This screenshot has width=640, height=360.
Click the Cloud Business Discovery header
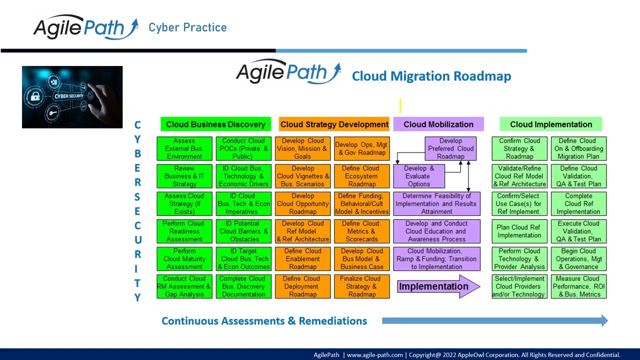point(215,124)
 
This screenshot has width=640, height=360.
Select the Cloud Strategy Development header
point(334,124)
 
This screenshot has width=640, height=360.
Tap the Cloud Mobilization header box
point(438,124)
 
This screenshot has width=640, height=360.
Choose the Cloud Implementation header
point(550,124)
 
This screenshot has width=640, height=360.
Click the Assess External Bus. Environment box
point(184,148)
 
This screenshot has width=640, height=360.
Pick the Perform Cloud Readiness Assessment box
point(184,231)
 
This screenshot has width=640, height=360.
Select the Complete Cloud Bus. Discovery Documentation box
point(243,286)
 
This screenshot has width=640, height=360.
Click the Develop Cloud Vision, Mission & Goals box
point(302,148)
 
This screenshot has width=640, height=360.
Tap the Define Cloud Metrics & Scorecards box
point(361,231)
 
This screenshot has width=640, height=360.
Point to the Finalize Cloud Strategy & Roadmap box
point(361,286)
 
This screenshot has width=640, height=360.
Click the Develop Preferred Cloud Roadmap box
point(450,148)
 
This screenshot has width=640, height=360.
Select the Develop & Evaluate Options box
point(418,176)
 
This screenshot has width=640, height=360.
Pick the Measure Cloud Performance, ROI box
point(578,286)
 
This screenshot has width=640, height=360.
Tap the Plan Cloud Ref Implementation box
point(519,231)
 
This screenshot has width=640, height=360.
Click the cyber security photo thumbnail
point(72,97)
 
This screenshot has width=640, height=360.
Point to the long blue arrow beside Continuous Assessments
point(494,321)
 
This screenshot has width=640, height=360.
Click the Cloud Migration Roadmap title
point(431,76)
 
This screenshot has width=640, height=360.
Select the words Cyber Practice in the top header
point(187,27)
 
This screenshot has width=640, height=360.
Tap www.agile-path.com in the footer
point(374,355)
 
